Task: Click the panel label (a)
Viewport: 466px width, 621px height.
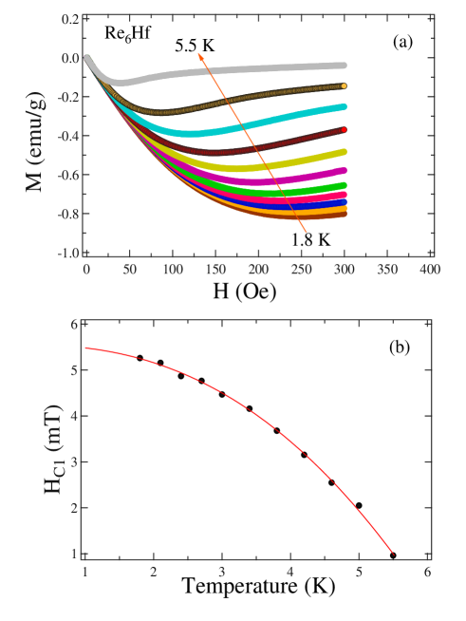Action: pos(401,43)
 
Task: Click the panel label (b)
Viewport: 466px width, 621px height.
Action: pos(399,348)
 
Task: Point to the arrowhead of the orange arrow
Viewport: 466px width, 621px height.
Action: pos(199,55)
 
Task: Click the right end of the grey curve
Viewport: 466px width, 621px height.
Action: pos(344,65)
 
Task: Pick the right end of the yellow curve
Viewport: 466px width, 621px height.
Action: pos(344,152)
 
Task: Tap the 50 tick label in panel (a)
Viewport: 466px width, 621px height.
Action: pos(128,271)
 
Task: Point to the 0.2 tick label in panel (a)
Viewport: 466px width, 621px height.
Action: pos(69,19)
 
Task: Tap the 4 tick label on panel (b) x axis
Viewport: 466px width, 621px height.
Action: pos(290,572)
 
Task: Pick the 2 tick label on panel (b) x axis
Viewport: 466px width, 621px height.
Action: pos(154,572)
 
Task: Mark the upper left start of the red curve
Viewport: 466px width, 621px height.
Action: pos(86,348)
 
